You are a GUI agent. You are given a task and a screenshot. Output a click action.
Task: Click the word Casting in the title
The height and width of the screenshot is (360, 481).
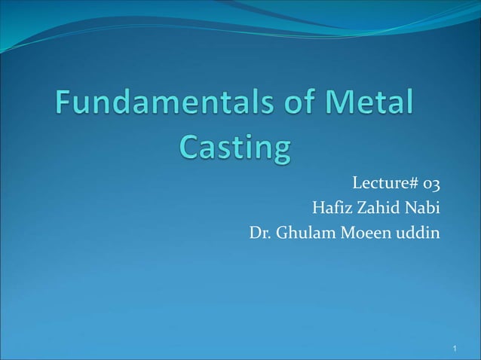[x=234, y=148]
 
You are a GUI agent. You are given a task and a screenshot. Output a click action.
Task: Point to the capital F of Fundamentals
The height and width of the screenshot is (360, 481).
[x=64, y=105]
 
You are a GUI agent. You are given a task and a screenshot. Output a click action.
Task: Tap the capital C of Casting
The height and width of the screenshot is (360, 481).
[x=190, y=146]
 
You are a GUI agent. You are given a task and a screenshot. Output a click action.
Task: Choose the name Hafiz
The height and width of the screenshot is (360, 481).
[x=332, y=207]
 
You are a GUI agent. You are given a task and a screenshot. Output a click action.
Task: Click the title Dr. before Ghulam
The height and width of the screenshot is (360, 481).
[x=260, y=231]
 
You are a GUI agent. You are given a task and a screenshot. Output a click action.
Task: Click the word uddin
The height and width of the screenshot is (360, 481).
[x=419, y=231]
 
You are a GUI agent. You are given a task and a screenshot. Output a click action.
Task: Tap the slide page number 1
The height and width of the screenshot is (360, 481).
[x=456, y=349]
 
